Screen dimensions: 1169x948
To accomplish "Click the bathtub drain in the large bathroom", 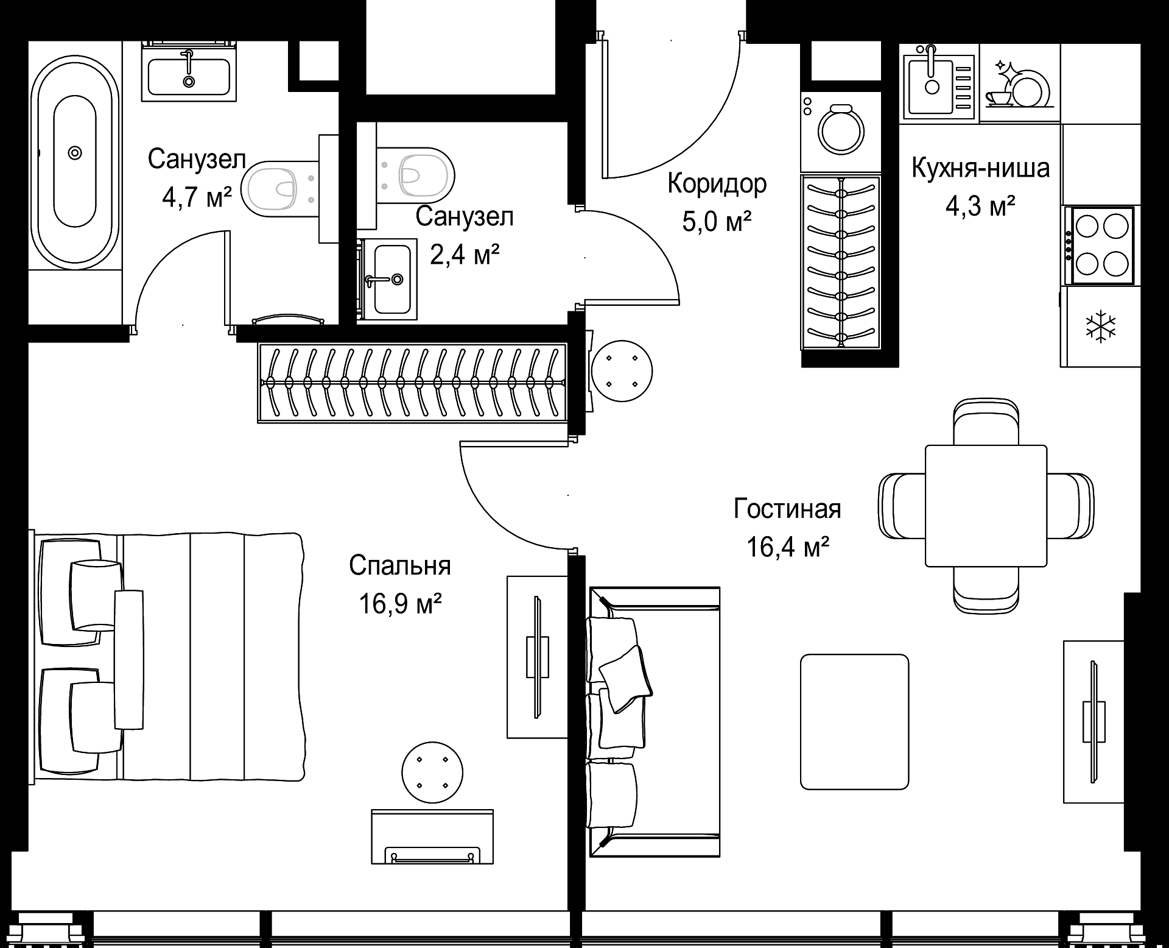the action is pos(75,152).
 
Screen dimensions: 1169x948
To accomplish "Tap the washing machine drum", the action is pos(841,130).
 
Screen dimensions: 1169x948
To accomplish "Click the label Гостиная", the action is pos(787,509).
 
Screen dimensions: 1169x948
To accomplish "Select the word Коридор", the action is pos(717,183).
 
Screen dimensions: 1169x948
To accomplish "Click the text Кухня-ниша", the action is pos(980,168).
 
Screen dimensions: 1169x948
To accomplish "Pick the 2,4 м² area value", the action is pos(465,254).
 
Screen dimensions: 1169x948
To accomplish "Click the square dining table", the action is pos(986,506).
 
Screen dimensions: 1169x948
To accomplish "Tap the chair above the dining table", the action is pos(986,422).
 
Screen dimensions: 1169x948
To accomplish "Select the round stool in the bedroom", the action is pos(433,773).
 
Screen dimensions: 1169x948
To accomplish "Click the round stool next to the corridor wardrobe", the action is pos(622,370).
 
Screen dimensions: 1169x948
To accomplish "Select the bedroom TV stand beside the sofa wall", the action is pos(538,657).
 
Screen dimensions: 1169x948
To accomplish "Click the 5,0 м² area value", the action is pos(716,222).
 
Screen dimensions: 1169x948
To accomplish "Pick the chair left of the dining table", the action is pos(902,506).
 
